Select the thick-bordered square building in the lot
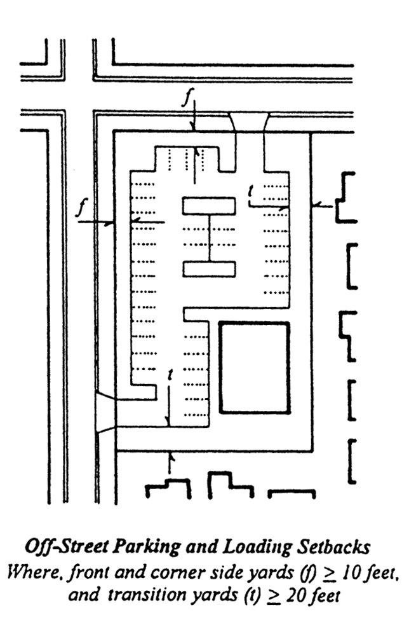coord(254,368)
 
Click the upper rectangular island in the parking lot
coord(209,206)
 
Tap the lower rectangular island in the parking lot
coord(209,269)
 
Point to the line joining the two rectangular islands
coord(209,238)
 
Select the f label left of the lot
coord(80,209)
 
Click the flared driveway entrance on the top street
coord(249,122)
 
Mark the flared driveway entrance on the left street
coord(105,413)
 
